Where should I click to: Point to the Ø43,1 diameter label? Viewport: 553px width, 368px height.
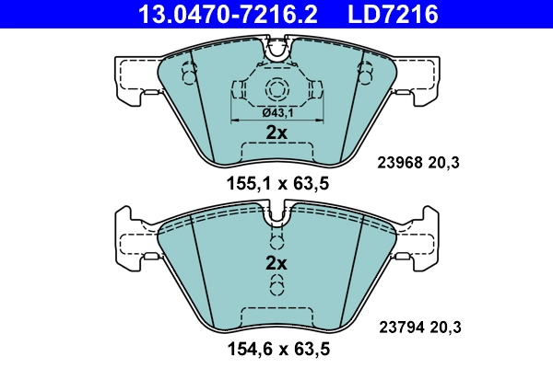tap(276, 112)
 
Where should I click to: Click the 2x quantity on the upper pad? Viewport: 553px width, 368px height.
tap(276, 133)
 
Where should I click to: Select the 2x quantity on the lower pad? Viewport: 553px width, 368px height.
tap(276, 263)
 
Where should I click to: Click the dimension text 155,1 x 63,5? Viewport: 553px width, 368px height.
tap(277, 183)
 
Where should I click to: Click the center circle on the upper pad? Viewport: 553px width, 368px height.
tap(276, 89)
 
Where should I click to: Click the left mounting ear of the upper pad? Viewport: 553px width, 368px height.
tap(134, 75)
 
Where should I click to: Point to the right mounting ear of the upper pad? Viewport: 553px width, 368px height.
tap(419, 75)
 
